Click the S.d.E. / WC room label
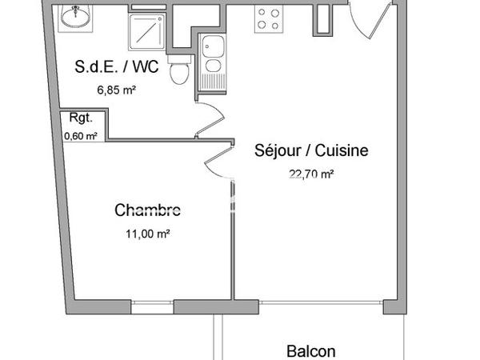122,69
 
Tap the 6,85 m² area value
117,90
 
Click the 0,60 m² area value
80,135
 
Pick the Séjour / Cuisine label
311,150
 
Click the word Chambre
148,211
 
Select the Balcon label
310,350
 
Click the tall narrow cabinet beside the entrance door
323,18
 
